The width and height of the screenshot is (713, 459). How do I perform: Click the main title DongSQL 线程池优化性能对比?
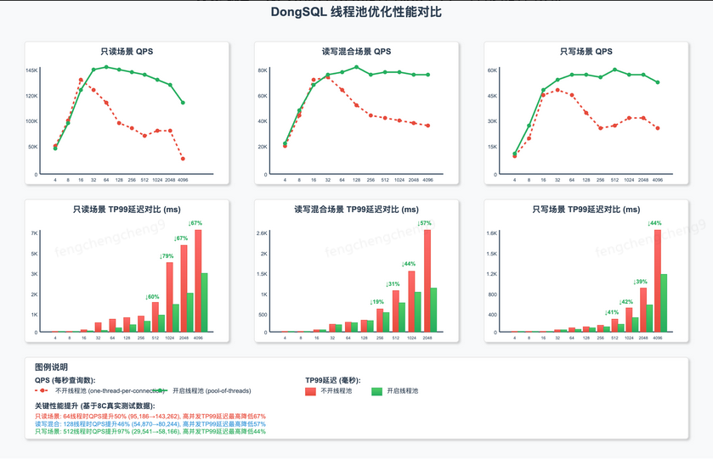click(356, 13)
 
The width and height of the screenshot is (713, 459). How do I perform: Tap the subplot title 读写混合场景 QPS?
click(356, 52)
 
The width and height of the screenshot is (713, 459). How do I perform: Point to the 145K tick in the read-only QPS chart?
click(31, 70)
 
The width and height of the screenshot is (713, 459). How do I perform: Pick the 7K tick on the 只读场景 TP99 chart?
click(34, 233)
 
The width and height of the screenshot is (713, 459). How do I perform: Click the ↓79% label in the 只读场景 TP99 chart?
click(167, 256)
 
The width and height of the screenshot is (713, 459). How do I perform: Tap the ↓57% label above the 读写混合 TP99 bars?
click(424, 223)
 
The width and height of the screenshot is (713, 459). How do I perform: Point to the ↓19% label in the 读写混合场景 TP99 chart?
click(376, 302)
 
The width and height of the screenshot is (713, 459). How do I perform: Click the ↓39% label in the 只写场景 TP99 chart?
click(640, 282)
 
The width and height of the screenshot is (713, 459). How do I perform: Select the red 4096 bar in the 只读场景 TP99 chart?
click(197, 281)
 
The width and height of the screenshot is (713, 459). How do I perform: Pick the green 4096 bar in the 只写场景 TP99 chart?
click(664, 303)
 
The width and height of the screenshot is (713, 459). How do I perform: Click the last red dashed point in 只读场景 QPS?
click(183, 159)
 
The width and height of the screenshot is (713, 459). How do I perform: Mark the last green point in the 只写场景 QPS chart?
click(658, 82)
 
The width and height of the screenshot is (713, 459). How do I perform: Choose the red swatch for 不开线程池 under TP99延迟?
click(311, 391)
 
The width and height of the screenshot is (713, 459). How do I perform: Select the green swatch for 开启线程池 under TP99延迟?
click(377, 391)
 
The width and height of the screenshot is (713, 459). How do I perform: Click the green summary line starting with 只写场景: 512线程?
click(150, 431)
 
